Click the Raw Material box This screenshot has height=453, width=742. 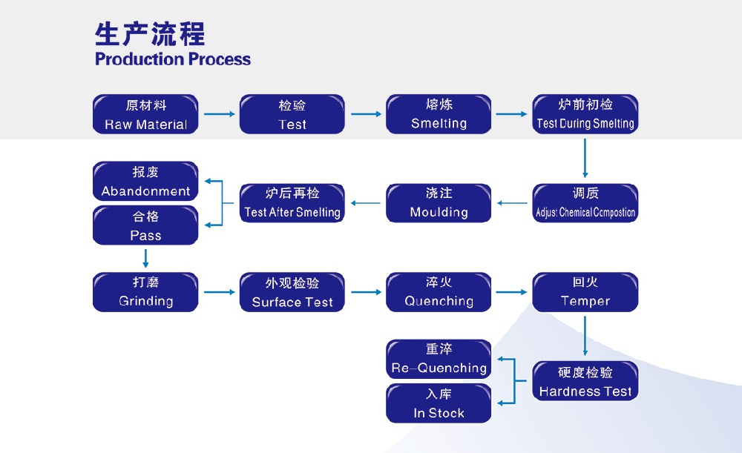[145, 114]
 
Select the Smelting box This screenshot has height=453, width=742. [439, 114]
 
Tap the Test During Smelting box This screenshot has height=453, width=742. [585, 114]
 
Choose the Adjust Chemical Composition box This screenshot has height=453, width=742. [585, 203]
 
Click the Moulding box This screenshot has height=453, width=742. [439, 203]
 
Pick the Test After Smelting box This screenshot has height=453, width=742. [292, 203]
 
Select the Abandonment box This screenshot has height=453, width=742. [145, 182]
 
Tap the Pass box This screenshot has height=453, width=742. [145, 225]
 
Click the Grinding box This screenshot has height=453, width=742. [145, 292]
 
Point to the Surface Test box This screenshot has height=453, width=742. [292, 292]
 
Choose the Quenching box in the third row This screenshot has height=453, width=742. [439, 292]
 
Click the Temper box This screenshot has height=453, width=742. [585, 292]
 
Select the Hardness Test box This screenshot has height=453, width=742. [585, 381]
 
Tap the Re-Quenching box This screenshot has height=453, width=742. [439, 359]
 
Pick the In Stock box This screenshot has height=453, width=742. [439, 403]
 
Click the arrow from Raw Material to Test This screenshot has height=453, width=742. [219, 114]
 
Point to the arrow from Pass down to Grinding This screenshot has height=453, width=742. [145, 258]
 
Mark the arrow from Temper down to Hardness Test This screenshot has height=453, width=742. [585, 335]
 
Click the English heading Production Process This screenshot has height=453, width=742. [173, 59]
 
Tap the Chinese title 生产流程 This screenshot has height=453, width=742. [150, 34]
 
